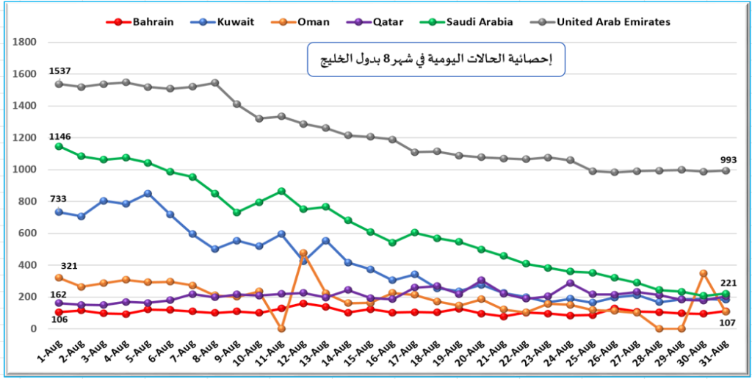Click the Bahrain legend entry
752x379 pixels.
click(142, 22)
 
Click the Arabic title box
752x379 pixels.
click(435, 59)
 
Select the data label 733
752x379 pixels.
click(59, 200)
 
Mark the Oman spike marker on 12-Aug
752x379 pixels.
click(303, 253)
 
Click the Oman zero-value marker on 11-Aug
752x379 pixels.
click(281, 328)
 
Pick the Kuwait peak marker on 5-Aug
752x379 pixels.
click(148, 194)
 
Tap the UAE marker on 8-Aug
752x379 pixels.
click(215, 83)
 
